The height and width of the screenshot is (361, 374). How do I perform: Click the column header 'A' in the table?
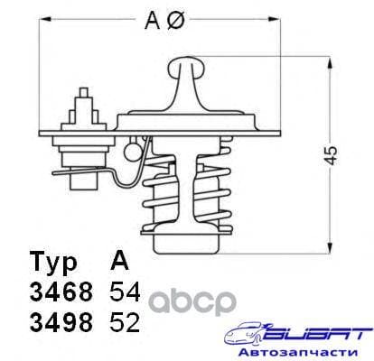117,262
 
